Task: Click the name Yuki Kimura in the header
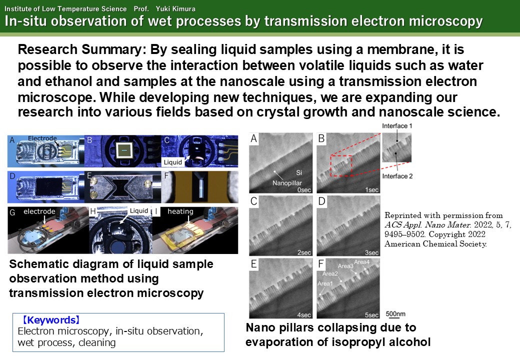[x=175, y=8]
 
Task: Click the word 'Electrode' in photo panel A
[x=42, y=138]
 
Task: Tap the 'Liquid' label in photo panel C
[x=173, y=162]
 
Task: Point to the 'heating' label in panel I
[x=180, y=211]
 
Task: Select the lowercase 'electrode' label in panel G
[x=39, y=211]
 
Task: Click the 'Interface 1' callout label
[x=397, y=126]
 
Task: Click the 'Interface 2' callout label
[x=397, y=176]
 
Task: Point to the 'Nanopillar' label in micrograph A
[x=287, y=183]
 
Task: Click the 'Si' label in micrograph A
[x=299, y=172]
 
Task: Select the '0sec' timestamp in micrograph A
[x=304, y=190]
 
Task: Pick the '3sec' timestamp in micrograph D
[x=372, y=252]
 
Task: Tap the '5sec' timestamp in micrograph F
[x=372, y=315]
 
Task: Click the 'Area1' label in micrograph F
[x=325, y=283]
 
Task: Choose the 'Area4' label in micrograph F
[x=362, y=262]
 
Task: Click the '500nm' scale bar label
[x=395, y=313]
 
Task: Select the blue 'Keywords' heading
[x=50, y=320]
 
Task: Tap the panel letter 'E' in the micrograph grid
[x=253, y=264]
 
